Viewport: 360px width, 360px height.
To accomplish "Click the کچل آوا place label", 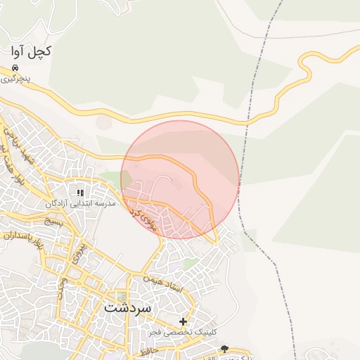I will pos(31,52).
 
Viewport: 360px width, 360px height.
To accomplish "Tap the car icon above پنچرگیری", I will pos(15,68).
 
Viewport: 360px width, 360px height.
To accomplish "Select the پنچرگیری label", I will pos(15,78).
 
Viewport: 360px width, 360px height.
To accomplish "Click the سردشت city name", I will pos(128,308).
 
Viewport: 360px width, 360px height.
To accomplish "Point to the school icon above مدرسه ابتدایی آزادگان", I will pos(80,192).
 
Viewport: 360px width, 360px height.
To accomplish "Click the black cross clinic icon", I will pos(183,321).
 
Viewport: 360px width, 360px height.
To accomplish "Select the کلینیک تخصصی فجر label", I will pos(182,331).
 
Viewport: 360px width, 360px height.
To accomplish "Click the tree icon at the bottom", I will pos(224,348).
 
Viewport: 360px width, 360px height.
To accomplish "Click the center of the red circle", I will pos(180,179).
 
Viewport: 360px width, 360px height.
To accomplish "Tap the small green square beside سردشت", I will pos(122,296).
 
